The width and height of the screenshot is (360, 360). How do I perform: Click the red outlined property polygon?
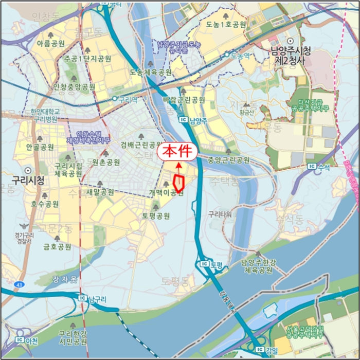tap(180, 183)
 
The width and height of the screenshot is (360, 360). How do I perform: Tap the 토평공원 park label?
tap(156, 215)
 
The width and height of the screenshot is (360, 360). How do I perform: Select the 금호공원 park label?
tap(58, 247)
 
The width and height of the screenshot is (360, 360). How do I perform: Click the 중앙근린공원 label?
tap(228, 160)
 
